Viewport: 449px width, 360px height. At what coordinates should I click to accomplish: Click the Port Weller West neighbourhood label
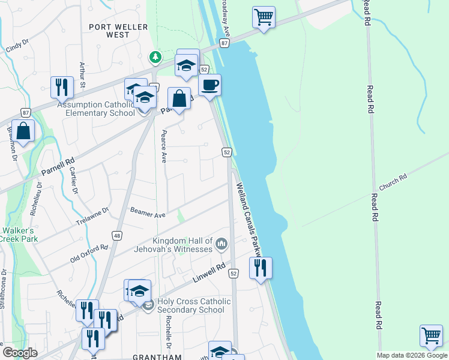point(118,31)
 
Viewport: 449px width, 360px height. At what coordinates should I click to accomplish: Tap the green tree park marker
point(155,58)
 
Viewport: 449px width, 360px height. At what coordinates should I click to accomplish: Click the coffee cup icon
point(209,85)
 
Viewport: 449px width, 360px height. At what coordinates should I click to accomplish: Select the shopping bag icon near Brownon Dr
point(23,131)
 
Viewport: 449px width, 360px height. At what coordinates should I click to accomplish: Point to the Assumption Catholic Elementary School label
point(95,109)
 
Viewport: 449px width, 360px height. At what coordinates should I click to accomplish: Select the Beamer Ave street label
point(148,214)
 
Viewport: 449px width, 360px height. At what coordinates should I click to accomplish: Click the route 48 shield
point(117,236)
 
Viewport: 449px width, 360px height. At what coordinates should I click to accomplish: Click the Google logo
point(20,352)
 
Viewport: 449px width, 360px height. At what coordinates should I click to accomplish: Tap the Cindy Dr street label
point(17,46)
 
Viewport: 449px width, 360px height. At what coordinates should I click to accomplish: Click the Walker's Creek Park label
point(20,235)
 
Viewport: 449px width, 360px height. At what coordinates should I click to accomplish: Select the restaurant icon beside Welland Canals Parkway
point(261,268)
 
